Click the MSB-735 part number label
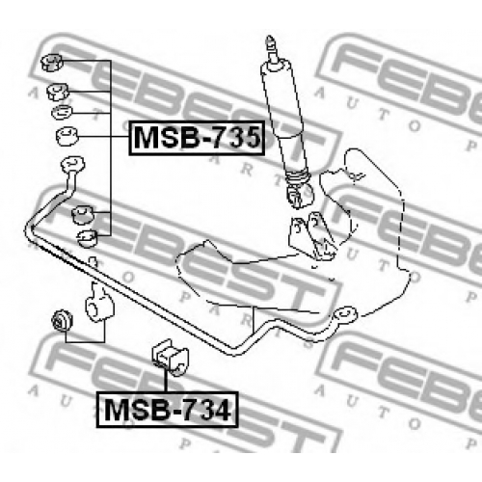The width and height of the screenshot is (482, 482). [197, 138]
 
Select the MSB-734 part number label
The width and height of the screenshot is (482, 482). [168, 410]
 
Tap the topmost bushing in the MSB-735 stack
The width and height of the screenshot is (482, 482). [52, 62]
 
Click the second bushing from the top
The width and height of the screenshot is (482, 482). [58, 92]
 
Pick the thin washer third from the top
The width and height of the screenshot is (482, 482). [62, 112]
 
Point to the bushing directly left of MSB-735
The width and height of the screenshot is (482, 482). [67, 136]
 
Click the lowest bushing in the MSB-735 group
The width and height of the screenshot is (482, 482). [88, 238]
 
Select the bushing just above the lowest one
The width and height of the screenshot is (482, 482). [82, 214]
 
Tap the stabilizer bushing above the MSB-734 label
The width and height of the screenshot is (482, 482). [171, 357]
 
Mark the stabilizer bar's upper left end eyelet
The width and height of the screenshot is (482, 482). [72, 164]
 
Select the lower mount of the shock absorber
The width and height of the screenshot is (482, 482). [299, 194]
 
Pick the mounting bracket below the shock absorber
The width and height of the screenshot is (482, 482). [311, 236]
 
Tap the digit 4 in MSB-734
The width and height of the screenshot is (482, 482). [223, 410]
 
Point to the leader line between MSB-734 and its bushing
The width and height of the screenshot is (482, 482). [166, 381]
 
